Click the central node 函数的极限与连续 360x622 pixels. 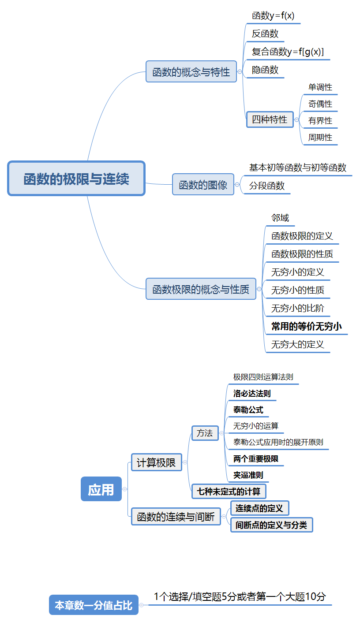tap(76, 179)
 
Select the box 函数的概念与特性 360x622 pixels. tap(191, 71)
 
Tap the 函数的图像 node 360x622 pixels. tap(202, 184)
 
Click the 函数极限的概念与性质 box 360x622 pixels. tap(201, 289)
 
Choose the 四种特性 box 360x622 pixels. tap(270, 119)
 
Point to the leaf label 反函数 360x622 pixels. tap(265, 34)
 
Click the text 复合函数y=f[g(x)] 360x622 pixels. tap(288, 52)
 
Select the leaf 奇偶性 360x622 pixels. tap(320, 104)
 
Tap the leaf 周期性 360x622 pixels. tap(320, 137)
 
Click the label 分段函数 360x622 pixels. tap(267, 186)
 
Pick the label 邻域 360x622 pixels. tap(280, 218)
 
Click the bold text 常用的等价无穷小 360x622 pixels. tap(306, 326)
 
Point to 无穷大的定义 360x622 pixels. tap(297, 344)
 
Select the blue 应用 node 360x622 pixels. tap(101, 489)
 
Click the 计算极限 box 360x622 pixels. tap(156, 462)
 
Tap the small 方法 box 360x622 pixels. tap(205, 433)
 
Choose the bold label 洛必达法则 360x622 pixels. tap(252, 393)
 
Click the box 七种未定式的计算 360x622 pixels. tap(229, 491)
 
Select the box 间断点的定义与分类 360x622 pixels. tap(271, 525)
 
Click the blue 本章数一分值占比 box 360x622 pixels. tap(94, 605)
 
